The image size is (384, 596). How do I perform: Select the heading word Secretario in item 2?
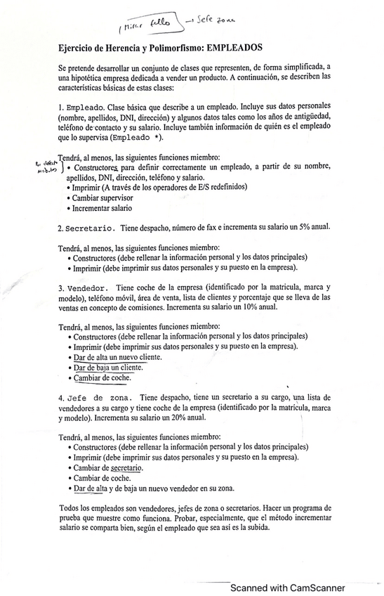91,229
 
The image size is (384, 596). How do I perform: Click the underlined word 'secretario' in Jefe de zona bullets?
127,467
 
